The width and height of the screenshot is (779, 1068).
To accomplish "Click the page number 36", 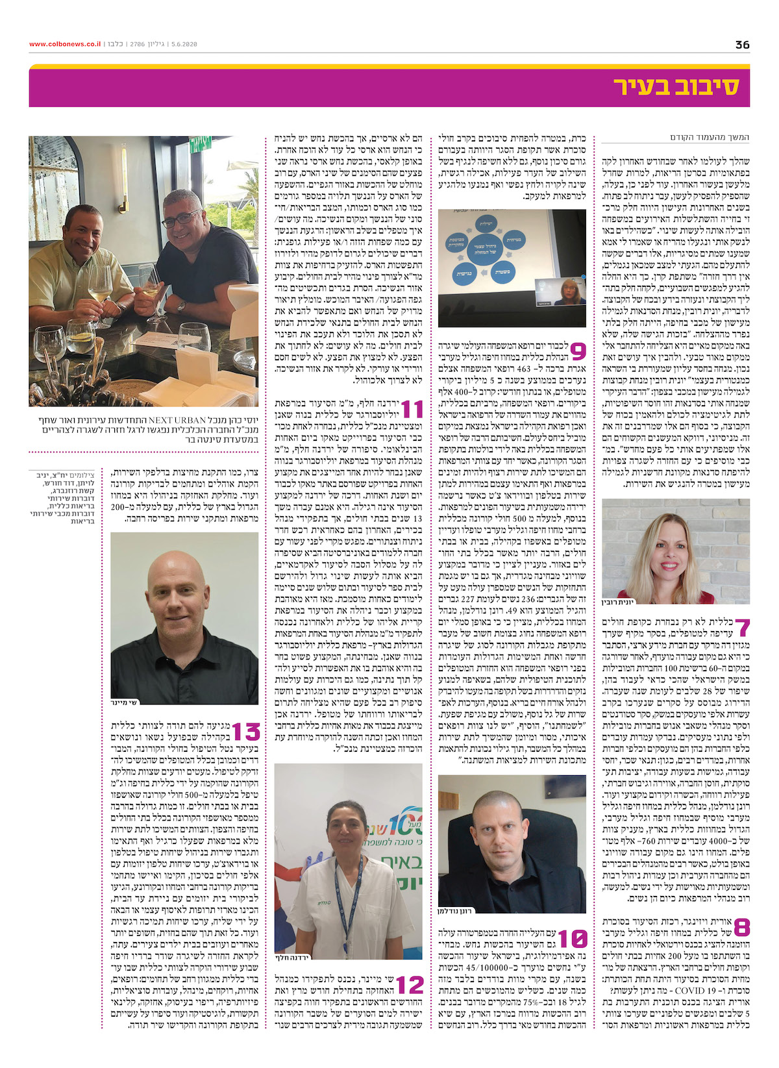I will tap(742, 45).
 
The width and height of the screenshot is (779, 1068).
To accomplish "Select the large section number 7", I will tap(742, 628).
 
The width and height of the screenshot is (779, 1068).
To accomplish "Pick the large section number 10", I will tap(573, 939).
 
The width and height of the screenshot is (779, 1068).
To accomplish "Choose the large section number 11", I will tap(412, 409).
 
